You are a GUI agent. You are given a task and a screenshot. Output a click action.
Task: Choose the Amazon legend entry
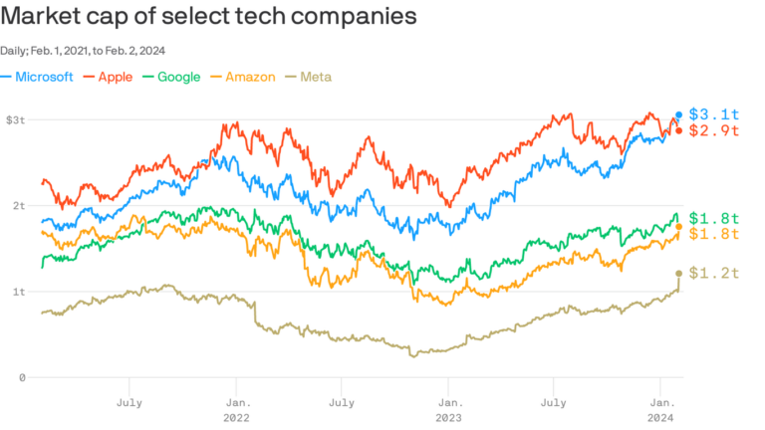click(x=250, y=77)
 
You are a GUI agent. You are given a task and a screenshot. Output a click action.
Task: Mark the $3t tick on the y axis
click(x=15, y=119)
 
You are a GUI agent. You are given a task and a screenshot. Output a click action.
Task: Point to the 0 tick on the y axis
click(x=21, y=377)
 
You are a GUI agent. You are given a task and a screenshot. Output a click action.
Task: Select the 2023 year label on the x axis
click(x=448, y=419)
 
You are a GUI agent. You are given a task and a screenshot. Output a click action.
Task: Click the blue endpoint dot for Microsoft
click(x=679, y=114)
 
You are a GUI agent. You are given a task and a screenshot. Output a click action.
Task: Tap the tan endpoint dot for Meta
click(x=679, y=273)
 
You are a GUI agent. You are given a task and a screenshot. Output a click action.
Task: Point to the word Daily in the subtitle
click(x=13, y=50)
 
